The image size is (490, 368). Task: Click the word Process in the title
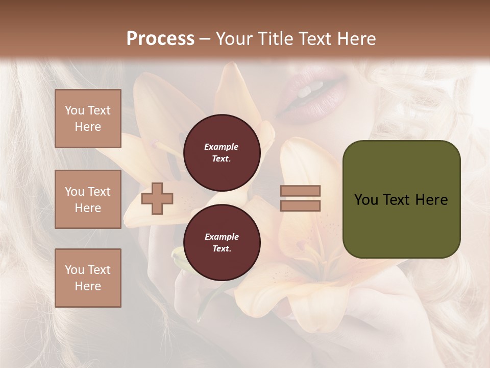[x=160, y=39]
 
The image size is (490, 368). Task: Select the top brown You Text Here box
[x=88, y=119]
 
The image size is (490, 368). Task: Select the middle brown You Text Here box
[x=88, y=199]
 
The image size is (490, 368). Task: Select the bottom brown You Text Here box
[x=88, y=278]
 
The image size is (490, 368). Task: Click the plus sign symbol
[x=157, y=198]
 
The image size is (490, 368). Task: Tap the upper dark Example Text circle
[x=222, y=152]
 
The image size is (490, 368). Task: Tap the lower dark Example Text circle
[x=222, y=242]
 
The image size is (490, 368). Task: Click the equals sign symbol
[x=300, y=198]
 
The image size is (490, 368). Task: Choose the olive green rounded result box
[x=401, y=199]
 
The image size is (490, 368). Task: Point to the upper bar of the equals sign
[x=300, y=191]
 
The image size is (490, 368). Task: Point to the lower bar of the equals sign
[x=300, y=205]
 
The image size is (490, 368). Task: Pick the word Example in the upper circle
[x=222, y=147]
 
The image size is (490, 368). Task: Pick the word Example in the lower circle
[x=222, y=237]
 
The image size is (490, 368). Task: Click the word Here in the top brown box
[x=88, y=127]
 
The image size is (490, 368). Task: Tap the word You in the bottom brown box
[x=74, y=270]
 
